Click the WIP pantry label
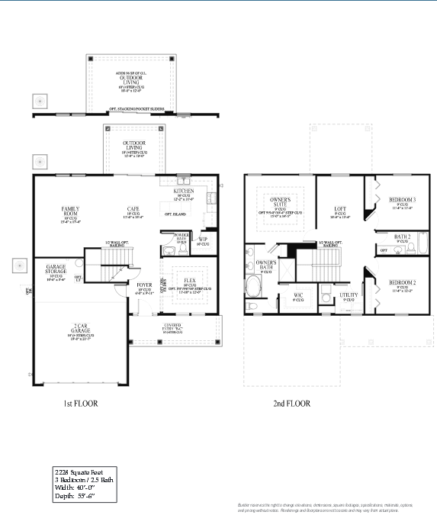[203, 239]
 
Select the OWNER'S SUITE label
[281, 202]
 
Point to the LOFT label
[340, 208]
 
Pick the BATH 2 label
[402, 237]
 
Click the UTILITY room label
[349, 295]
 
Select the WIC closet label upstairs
[299, 295]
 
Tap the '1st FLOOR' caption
[80, 402]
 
